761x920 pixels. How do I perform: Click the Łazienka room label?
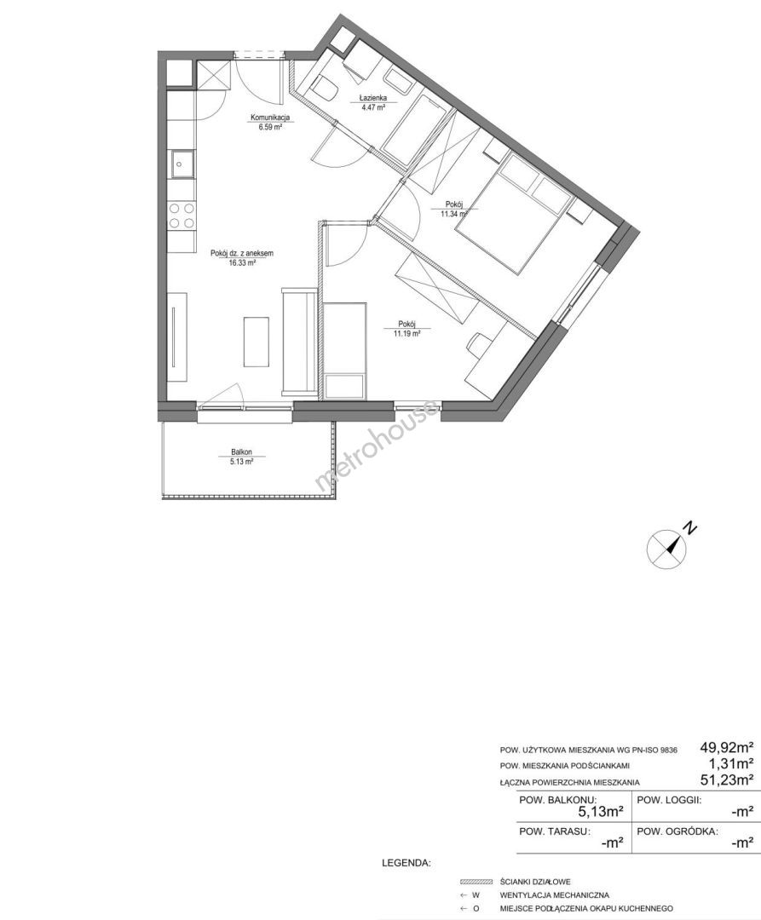(373, 99)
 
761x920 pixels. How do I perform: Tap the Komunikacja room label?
(270, 118)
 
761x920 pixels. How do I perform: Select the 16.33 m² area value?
(242, 263)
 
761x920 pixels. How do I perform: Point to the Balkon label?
(242, 452)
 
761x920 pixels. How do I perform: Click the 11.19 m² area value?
(406, 333)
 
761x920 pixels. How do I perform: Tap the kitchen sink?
(182, 164)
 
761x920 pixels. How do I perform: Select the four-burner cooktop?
(182, 215)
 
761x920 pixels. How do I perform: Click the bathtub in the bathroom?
(414, 128)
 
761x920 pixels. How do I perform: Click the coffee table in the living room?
(257, 342)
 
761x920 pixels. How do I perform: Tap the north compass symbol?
(666, 548)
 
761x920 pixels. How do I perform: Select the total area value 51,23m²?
(727, 779)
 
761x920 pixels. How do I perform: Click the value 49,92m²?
(727, 748)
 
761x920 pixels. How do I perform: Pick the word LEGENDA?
(406, 863)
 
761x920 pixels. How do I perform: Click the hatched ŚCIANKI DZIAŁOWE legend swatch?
(476, 882)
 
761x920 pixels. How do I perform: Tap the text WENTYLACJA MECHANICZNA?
(555, 894)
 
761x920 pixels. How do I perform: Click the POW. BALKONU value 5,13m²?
(600, 812)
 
